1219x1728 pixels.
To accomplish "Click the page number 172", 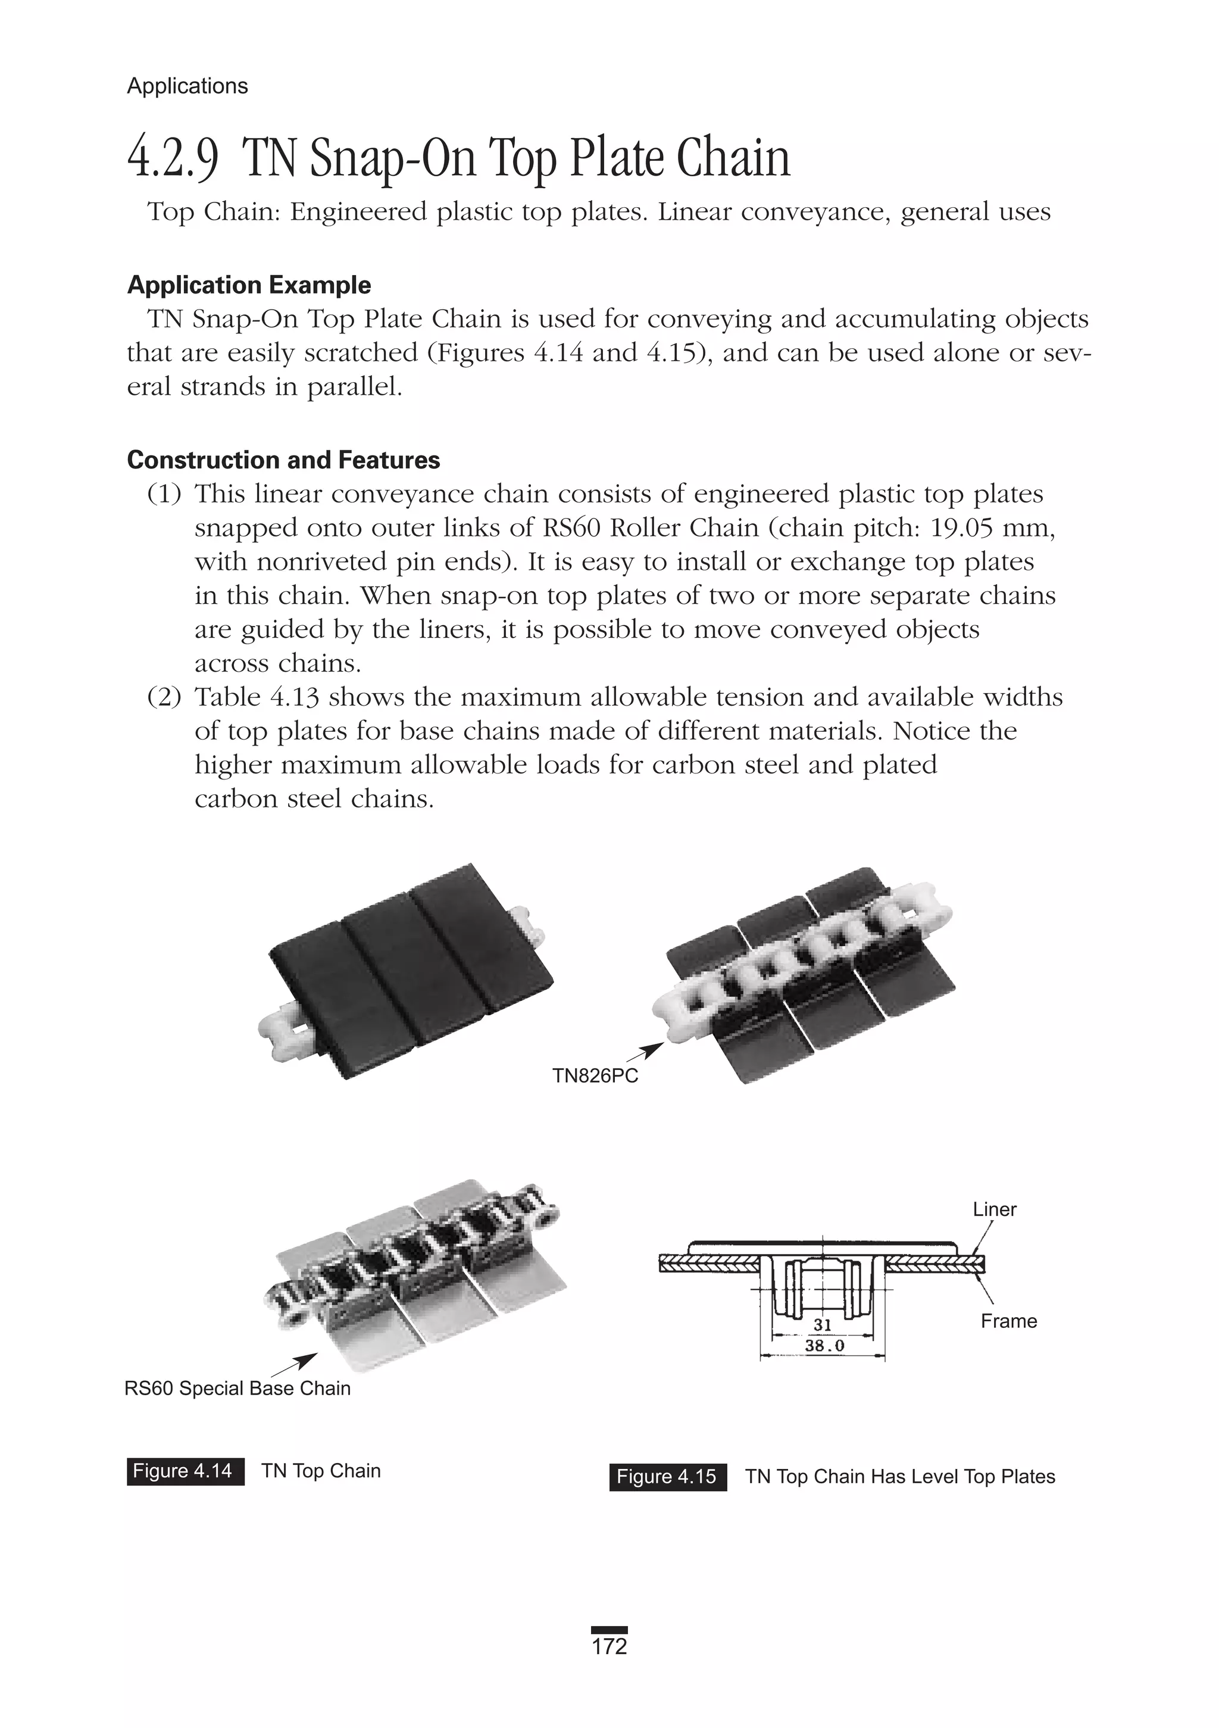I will (x=609, y=1646).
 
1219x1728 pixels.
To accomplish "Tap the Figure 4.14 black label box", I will (x=185, y=1471).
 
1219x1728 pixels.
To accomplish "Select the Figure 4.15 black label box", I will (x=667, y=1477).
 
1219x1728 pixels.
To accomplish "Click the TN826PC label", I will (x=595, y=1075).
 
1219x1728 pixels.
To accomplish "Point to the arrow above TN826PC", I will (x=645, y=1052).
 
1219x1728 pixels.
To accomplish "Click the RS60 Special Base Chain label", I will (x=237, y=1388).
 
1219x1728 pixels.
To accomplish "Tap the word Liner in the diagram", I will (x=994, y=1209).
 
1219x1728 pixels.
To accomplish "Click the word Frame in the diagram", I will (x=1008, y=1321).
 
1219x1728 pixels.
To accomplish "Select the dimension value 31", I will (x=823, y=1325).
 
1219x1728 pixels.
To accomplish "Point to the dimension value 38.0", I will (x=825, y=1345).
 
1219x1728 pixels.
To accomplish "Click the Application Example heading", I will (x=249, y=285).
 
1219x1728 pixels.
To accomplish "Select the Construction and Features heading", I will (x=284, y=460).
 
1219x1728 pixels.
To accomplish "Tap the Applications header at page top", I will (x=187, y=86).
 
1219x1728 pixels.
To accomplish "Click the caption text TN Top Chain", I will (x=321, y=1471).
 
